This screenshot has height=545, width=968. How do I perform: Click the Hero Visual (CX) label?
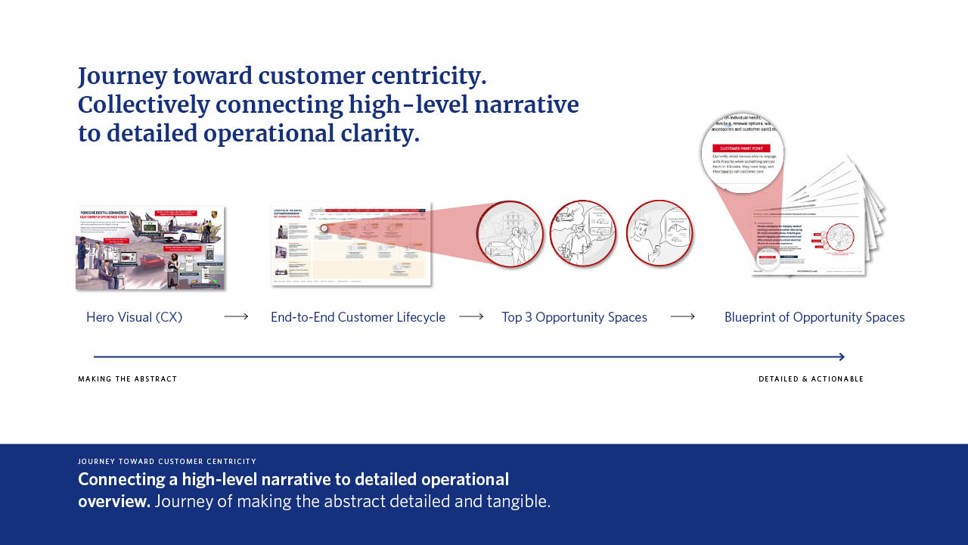tap(135, 317)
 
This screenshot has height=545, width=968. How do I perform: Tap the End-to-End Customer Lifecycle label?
tap(358, 317)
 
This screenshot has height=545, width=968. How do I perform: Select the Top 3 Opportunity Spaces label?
tap(574, 317)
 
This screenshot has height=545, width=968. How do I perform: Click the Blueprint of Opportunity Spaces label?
tap(814, 317)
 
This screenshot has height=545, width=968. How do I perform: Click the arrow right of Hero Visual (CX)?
tap(236, 316)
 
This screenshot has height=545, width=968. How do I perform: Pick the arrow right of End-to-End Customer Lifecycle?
tap(471, 316)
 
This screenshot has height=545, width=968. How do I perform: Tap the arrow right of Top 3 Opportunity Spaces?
tap(682, 316)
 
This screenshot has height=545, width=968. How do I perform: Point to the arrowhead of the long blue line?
tap(841, 357)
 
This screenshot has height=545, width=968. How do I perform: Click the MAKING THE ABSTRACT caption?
tap(127, 379)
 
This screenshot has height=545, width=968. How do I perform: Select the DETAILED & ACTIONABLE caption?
tap(811, 379)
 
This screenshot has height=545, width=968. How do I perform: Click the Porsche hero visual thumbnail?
tap(150, 248)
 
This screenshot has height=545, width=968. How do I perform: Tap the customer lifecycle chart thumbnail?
tap(351, 244)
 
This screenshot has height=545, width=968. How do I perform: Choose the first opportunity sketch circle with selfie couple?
tap(510, 234)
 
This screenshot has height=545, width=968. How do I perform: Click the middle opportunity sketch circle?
tap(582, 234)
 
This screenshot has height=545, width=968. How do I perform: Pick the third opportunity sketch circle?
tap(659, 234)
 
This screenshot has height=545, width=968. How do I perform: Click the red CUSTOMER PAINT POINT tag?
tap(741, 148)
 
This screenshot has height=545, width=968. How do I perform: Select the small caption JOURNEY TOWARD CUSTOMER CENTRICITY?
tap(167, 462)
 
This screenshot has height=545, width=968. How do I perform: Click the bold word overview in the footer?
tap(113, 501)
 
